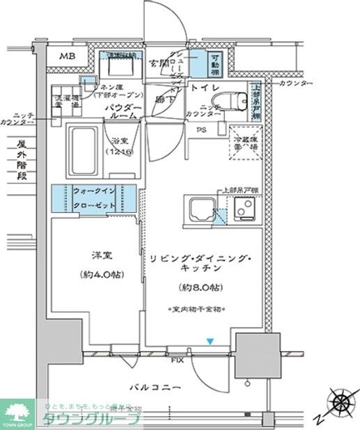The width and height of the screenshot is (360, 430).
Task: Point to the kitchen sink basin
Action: click(x=199, y=208)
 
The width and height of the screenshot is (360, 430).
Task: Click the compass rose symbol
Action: click(x=341, y=403)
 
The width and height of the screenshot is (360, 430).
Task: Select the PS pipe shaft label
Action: click(x=201, y=129)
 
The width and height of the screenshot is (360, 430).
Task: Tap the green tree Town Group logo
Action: click(x=19, y=410)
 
